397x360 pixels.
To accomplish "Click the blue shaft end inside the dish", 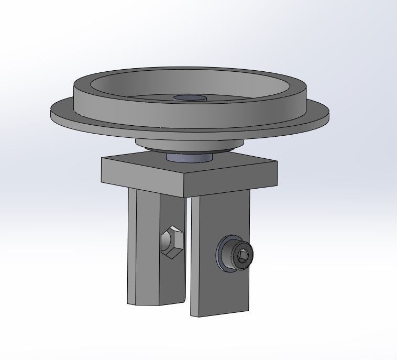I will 190,99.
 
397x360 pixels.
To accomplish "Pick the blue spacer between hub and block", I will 189,157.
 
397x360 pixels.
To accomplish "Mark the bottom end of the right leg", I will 220,312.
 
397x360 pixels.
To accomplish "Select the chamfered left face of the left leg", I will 132,246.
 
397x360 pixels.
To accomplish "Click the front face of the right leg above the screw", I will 220,215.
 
